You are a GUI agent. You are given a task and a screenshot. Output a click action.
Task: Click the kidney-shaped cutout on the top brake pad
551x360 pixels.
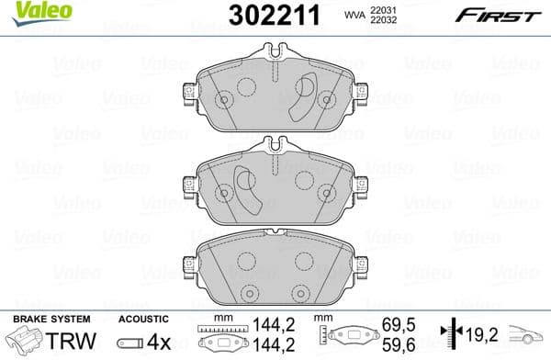point(301,99)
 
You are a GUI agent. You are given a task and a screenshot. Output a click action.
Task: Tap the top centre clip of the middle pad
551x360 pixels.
point(273,145)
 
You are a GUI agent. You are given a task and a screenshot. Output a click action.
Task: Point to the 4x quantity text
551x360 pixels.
point(160,339)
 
